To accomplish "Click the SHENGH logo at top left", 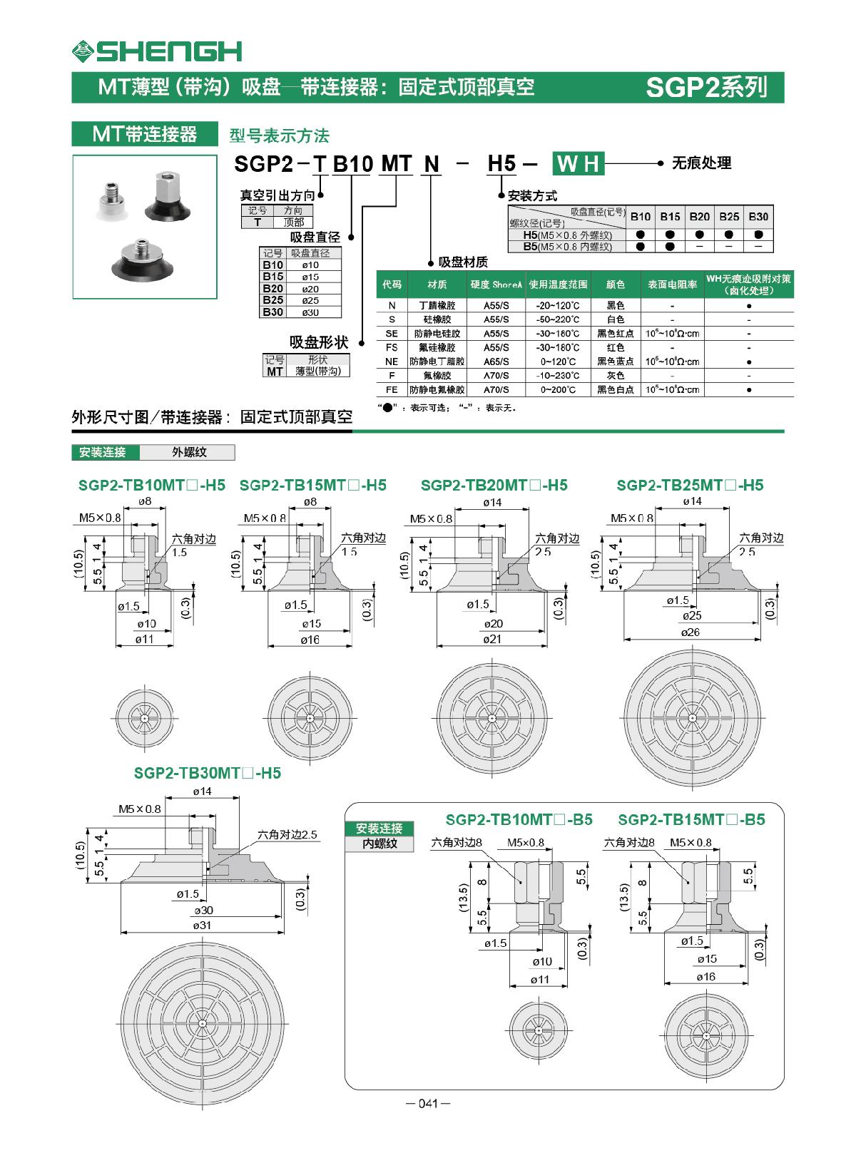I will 157,51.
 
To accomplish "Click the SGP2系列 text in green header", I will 705,87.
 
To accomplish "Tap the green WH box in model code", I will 579,164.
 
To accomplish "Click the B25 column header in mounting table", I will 728,217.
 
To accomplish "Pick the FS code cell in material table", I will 392,347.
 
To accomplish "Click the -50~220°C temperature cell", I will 558,319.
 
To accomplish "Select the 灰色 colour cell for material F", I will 615,376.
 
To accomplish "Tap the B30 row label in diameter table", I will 272,312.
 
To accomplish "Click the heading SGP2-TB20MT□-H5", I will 494,485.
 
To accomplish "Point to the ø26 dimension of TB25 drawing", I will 690,632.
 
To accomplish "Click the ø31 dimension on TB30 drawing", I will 203,926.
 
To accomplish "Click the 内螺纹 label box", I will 379,844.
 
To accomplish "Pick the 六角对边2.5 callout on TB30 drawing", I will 287,835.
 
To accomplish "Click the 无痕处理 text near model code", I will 701,163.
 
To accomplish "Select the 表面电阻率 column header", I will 672,285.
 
